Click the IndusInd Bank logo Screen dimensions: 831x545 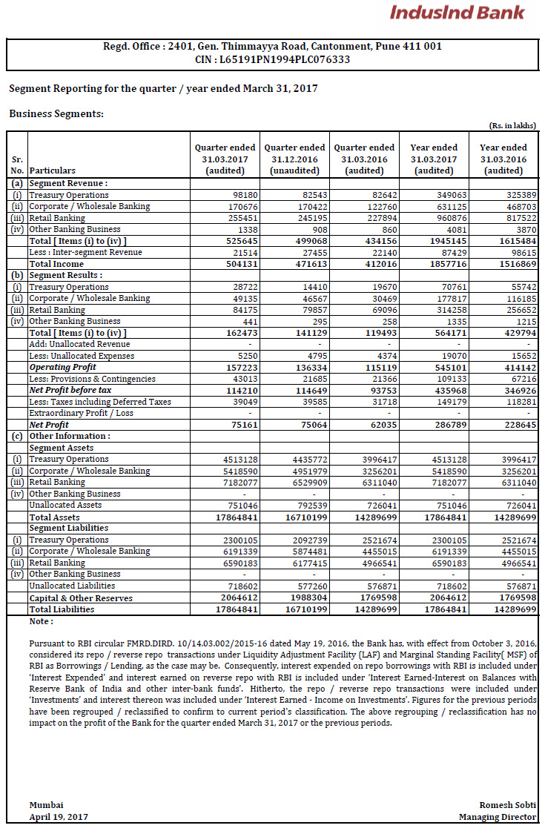click(x=457, y=13)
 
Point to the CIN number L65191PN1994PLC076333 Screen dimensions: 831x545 click(x=272, y=59)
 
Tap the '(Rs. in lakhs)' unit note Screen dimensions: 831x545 click(x=512, y=126)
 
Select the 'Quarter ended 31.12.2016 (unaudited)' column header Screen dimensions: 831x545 click(x=294, y=159)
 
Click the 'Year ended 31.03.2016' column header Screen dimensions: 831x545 click(x=503, y=159)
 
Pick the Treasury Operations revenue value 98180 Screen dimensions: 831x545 click(x=237, y=195)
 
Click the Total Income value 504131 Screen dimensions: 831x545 click(x=235, y=264)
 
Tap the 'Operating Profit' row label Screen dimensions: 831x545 click(x=63, y=367)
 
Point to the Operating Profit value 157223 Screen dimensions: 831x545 click(x=235, y=367)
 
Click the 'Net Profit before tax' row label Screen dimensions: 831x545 click(x=70, y=390)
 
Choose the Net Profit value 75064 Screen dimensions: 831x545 click(x=307, y=425)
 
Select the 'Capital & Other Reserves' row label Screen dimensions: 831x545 click(x=81, y=598)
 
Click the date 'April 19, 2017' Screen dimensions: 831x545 click(x=59, y=816)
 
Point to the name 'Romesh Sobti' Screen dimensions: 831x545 click(x=507, y=805)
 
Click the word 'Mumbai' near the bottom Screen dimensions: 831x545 click(x=46, y=805)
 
